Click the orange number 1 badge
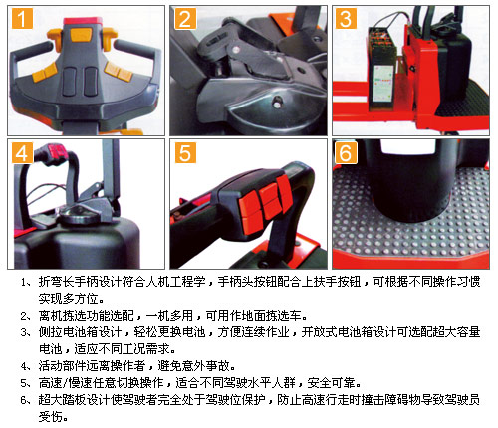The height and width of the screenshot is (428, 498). (22, 19)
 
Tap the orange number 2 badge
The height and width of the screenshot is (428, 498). (185, 19)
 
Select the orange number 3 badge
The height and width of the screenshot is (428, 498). (346, 19)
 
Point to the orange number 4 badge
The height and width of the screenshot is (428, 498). (22, 153)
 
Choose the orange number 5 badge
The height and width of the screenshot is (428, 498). (185, 153)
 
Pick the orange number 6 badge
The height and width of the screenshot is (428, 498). (346, 153)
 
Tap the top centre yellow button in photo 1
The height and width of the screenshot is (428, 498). (82, 34)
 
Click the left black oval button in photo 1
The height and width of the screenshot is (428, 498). (70, 81)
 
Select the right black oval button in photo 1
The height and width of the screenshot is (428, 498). (91, 81)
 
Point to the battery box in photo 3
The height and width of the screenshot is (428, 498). (381, 68)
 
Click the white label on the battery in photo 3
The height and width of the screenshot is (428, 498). (383, 84)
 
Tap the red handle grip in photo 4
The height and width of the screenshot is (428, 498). (57, 151)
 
